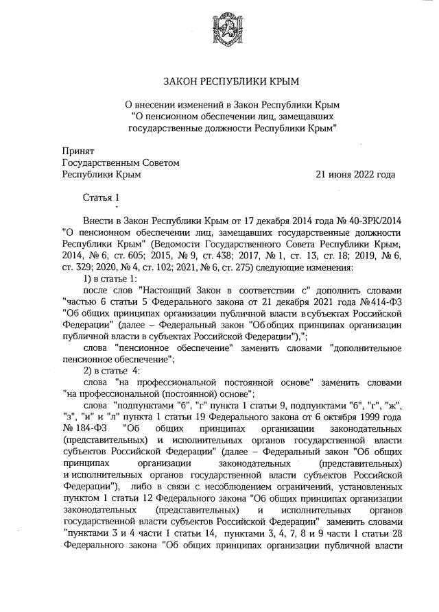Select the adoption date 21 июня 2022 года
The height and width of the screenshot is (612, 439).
(355, 174)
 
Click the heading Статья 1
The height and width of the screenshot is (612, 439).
(101, 198)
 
